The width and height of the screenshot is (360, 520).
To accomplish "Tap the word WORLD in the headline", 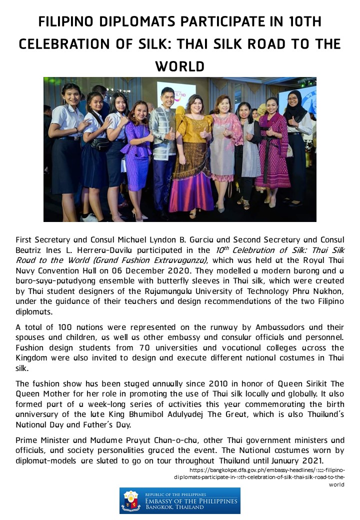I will tap(180, 65).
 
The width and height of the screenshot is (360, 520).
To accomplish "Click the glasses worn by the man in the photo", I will tap(168, 97).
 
